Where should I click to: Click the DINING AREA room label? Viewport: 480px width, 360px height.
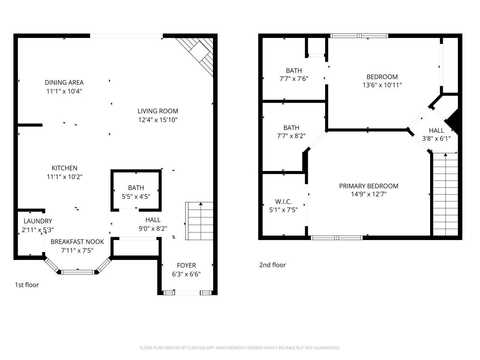(64, 82)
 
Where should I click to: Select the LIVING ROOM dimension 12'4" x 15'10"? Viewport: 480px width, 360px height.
(157, 120)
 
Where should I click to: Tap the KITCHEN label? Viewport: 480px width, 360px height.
(64, 168)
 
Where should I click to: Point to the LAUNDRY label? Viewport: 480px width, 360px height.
(38, 221)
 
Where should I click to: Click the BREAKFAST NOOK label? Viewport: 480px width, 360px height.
(77, 241)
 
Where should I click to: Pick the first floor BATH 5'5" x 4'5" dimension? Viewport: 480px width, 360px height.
(136, 196)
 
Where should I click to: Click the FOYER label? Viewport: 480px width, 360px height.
(186, 265)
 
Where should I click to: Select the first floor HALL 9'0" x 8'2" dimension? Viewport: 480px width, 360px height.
(153, 228)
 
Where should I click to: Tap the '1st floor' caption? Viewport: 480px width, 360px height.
(27, 285)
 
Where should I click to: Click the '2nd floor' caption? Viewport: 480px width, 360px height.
(273, 265)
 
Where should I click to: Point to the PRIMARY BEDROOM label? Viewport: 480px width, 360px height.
(369, 186)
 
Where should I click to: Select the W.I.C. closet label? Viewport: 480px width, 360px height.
(283, 202)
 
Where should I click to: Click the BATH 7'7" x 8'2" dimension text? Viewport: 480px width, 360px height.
(291, 136)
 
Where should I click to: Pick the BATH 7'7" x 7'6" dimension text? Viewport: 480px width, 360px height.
(294, 79)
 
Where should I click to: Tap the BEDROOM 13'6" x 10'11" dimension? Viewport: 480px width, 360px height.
(382, 85)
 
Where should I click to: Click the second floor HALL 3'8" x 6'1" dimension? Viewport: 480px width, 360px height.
(436, 138)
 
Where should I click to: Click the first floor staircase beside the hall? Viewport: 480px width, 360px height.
(199, 221)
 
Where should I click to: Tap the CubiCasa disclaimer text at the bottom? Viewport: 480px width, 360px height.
(240, 348)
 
